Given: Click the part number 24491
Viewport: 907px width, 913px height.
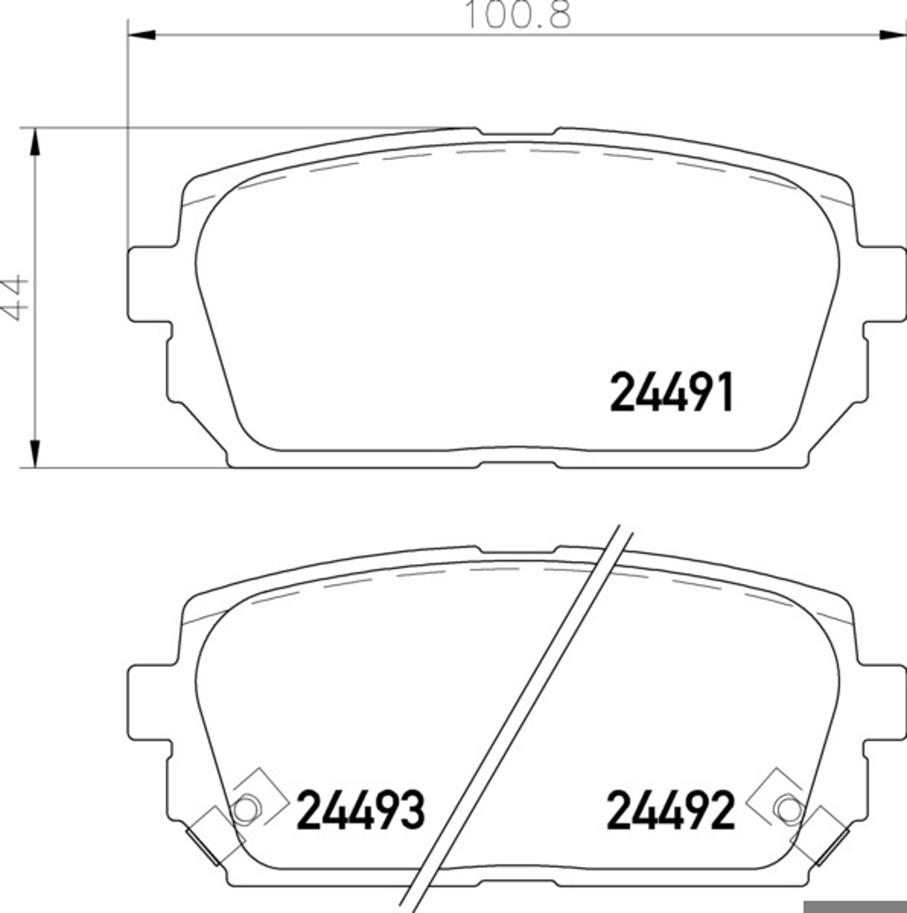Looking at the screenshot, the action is click(671, 391).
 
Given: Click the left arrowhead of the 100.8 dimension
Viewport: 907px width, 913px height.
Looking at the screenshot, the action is click(142, 35).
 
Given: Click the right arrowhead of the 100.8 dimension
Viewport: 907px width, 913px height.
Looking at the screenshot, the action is click(892, 35).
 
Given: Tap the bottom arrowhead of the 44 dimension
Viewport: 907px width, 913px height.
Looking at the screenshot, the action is click(35, 454).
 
